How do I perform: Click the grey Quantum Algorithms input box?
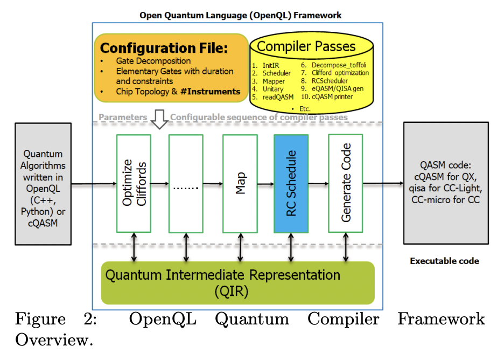click(x=44, y=184)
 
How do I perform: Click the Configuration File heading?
click(x=164, y=48)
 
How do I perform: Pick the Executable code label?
click(x=444, y=261)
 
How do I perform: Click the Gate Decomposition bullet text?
click(x=153, y=61)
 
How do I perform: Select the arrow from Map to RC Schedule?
click(x=265, y=185)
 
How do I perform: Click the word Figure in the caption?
click(x=40, y=319)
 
